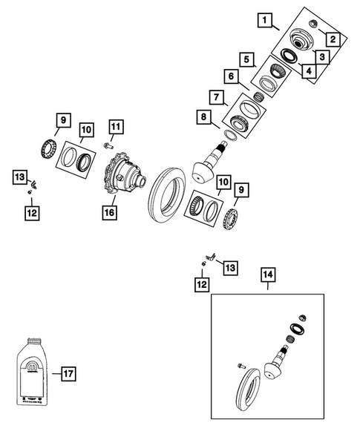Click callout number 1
(x=266, y=22)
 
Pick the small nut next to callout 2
(x=312, y=25)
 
